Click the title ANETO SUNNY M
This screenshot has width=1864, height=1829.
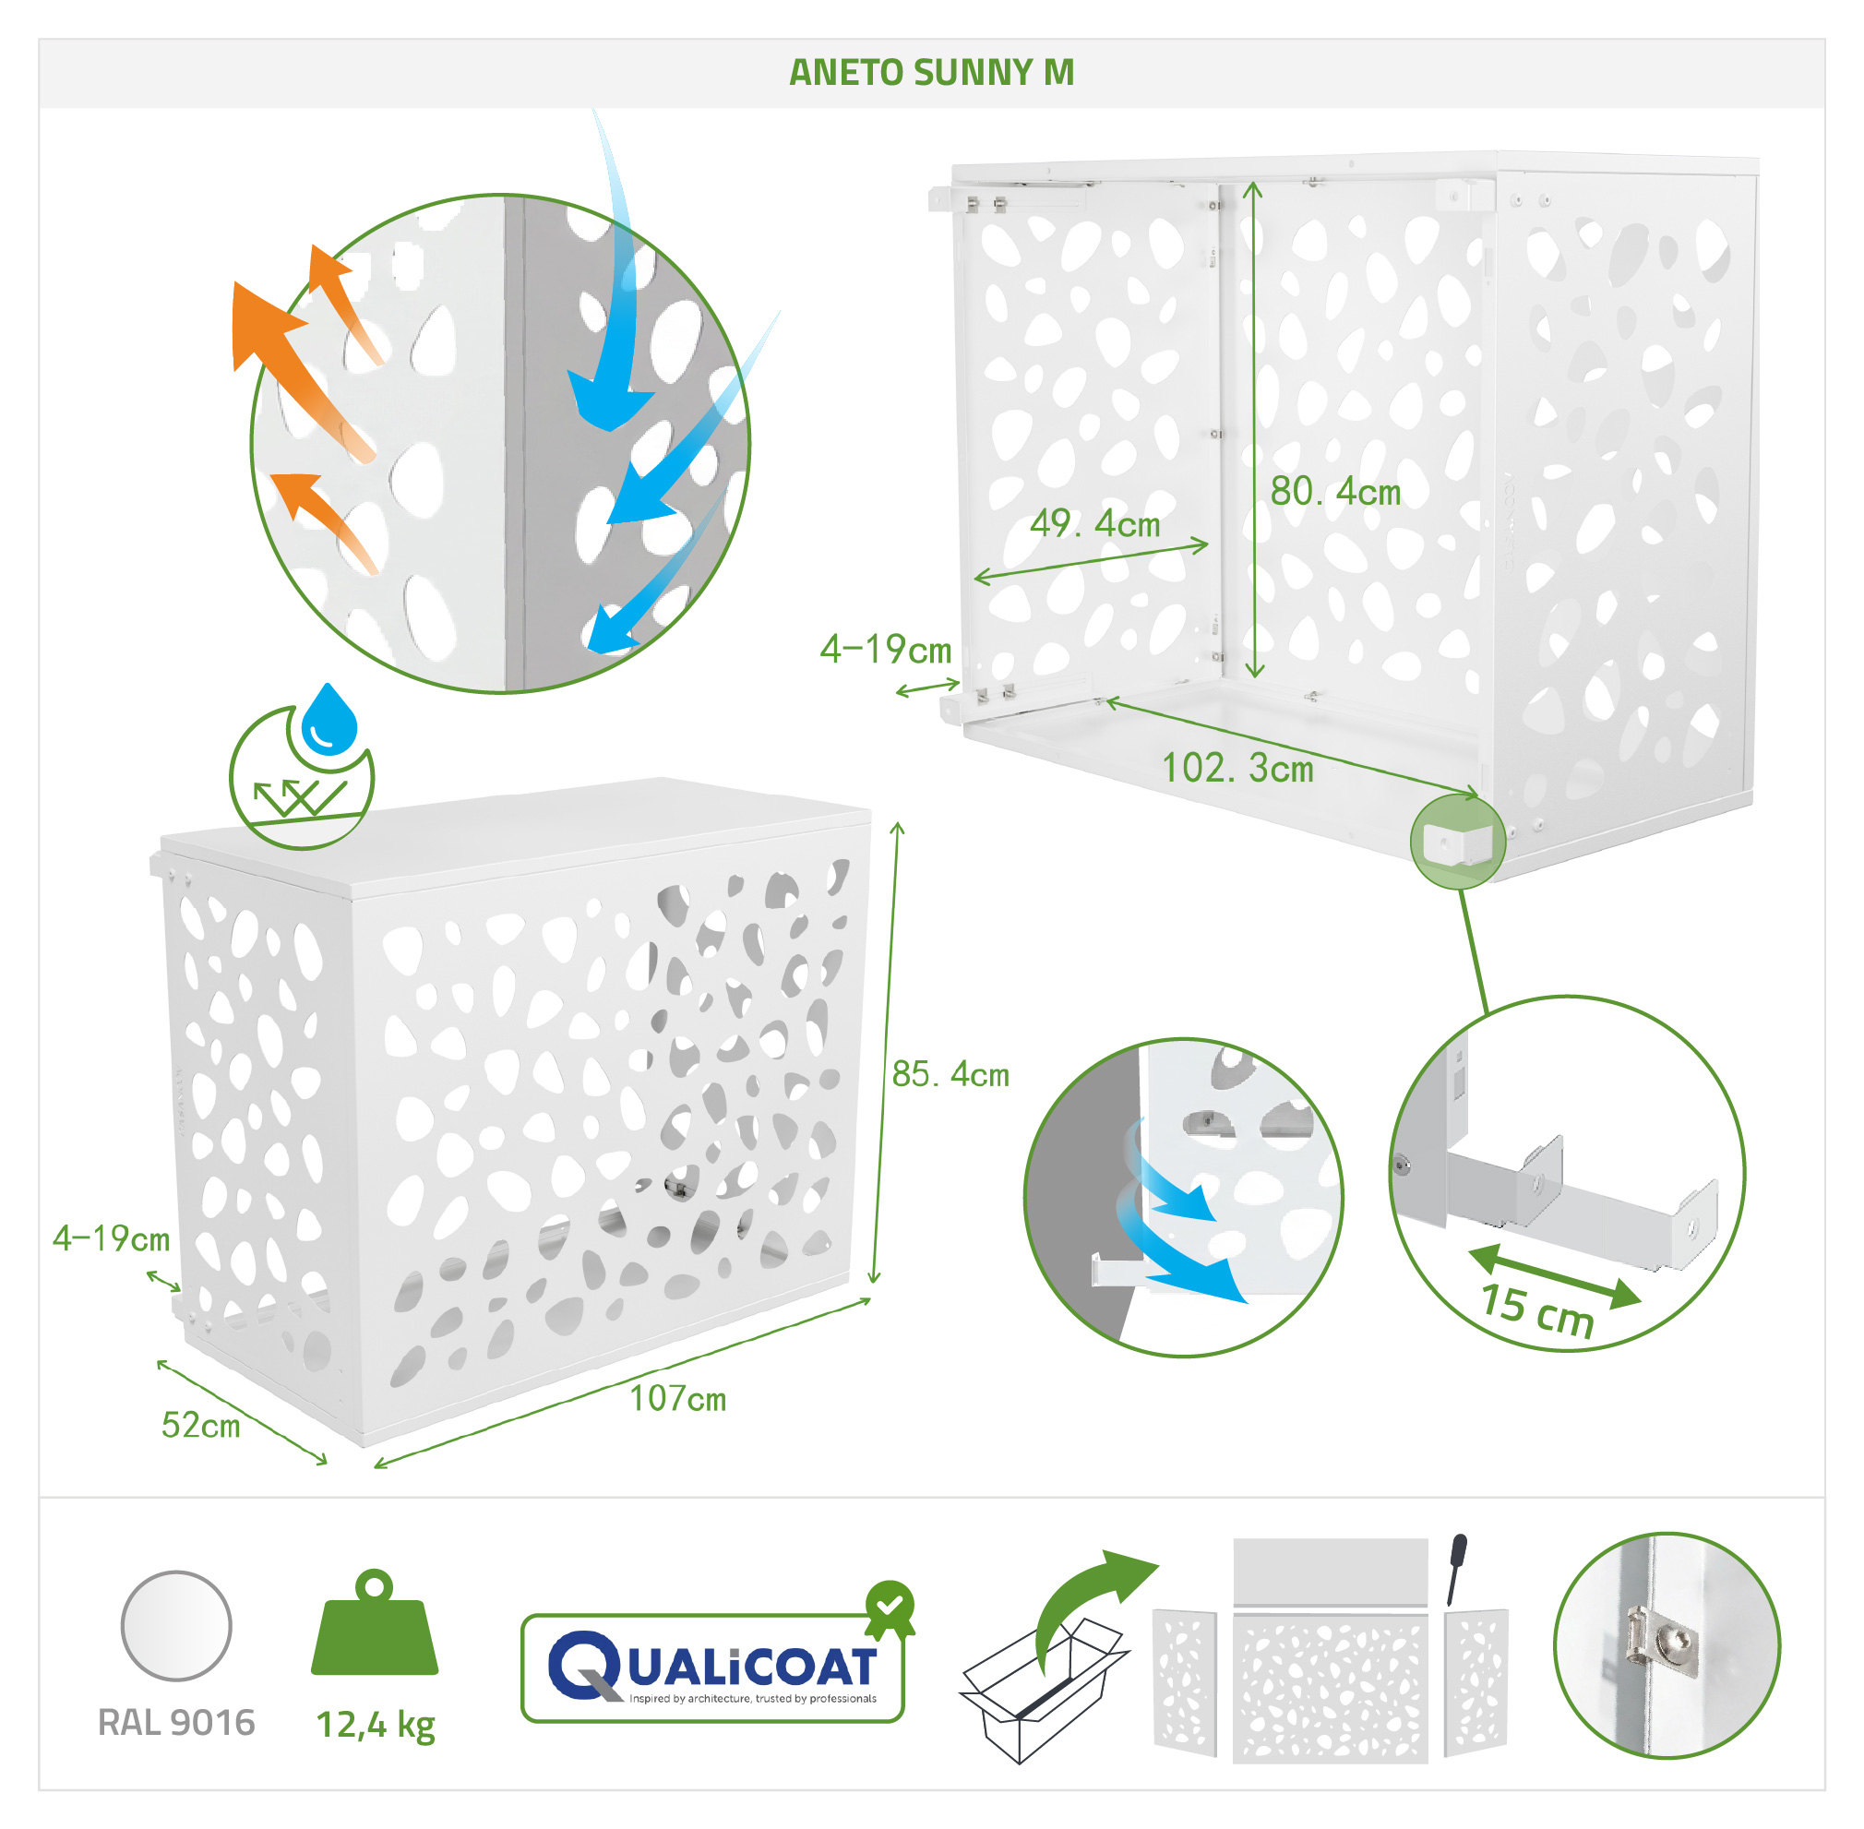tap(930, 72)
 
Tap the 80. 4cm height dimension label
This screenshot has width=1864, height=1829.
tap(1335, 492)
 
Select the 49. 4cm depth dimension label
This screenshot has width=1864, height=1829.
tap(1094, 523)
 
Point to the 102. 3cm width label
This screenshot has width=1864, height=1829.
tap(1237, 768)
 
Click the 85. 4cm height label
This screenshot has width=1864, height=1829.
tap(950, 1074)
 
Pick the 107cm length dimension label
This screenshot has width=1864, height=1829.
tap(677, 1399)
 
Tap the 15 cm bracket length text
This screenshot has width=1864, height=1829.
tap(1536, 1310)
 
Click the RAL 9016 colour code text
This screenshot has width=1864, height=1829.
tap(176, 1722)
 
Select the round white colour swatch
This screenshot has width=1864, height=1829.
tap(176, 1626)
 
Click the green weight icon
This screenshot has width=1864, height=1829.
tap(375, 1622)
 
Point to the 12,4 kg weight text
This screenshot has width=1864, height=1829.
tap(376, 1726)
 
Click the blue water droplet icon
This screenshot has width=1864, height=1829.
tap(329, 719)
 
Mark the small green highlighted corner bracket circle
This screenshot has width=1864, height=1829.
tap(1457, 842)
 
